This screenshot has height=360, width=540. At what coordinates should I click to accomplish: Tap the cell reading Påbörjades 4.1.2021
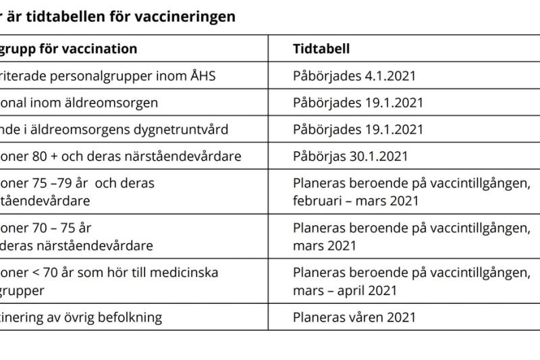(x=354, y=75)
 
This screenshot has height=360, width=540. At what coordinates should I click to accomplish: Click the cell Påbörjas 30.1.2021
(x=350, y=156)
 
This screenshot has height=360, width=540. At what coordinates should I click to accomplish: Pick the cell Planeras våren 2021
(x=354, y=317)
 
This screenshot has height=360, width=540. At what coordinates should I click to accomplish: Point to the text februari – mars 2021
(x=356, y=200)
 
